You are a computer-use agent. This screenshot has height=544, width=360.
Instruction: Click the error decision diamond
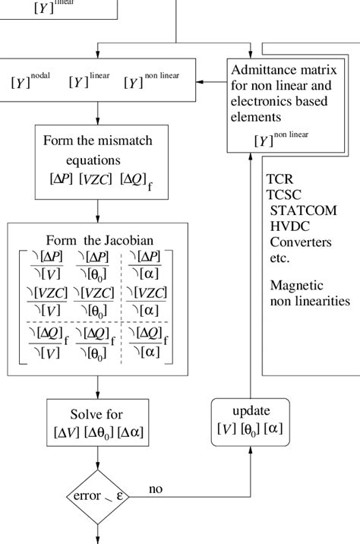point(99,496)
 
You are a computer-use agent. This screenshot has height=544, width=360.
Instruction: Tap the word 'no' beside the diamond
point(156,489)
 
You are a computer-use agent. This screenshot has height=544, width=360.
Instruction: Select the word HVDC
point(289,226)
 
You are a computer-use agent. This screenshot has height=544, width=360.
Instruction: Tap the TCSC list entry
point(283,195)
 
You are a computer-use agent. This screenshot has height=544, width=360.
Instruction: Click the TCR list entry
point(279,179)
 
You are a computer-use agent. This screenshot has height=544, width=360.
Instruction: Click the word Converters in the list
point(301,242)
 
